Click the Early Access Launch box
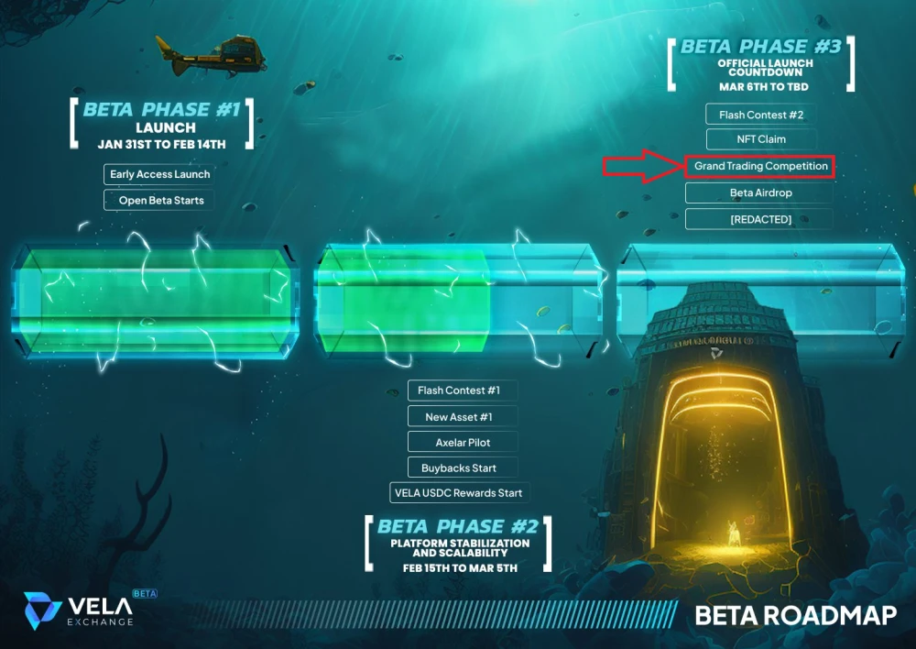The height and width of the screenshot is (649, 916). tap(159, 174)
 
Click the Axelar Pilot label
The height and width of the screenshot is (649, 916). tap(462, 442)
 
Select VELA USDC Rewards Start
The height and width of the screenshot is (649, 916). tap(459, 493)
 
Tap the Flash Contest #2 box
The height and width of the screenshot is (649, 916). tap(760, 115)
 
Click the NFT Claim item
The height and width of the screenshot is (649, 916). tap(760, 139)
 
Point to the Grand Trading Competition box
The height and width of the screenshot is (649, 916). tap(760, 166)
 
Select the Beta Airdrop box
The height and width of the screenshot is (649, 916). tap(759, 192)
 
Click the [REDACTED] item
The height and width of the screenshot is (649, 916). tap(759, 219)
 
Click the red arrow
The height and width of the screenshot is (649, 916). tap(644, 166)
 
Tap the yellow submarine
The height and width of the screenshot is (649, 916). tap(211, 56)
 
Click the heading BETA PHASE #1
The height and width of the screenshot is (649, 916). tap(162, 109)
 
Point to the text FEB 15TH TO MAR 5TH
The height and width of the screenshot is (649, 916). tap(460, 567)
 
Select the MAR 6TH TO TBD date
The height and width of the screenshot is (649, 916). tap(764, 86)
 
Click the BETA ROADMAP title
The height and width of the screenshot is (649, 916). tap(796, 615)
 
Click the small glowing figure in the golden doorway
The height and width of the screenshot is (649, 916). tap(734, 533)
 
